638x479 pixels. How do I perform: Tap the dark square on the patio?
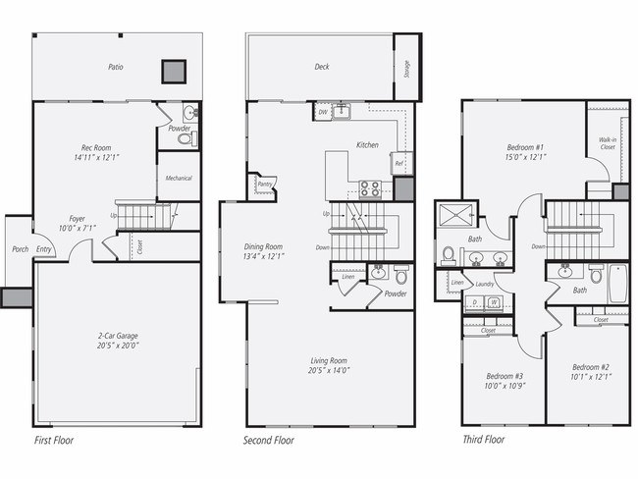(174, 71)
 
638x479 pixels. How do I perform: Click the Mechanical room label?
(179, 179)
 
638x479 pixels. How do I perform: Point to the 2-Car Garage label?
(117, 339)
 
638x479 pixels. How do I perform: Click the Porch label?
(20, 249)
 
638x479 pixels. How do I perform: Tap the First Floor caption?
(53, 440)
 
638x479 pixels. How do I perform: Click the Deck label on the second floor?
(322, 68)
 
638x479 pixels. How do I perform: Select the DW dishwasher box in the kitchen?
(322, 112)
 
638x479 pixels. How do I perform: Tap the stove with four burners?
(370, 187)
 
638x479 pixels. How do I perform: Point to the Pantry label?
(264, 184)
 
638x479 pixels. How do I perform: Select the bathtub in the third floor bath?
(617, 283)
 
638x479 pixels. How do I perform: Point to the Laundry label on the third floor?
(484, 284)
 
